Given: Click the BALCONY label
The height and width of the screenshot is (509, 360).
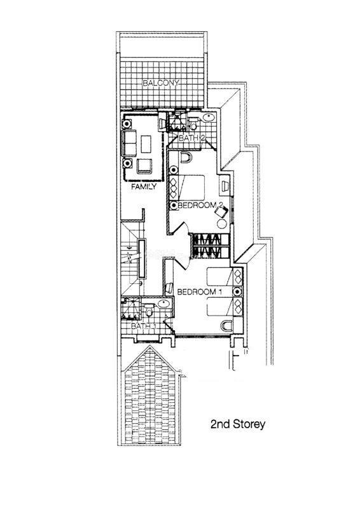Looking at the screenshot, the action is (161, 83).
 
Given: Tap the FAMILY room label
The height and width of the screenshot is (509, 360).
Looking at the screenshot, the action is (144, 186).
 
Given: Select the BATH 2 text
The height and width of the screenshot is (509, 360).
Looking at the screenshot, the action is (192, 138).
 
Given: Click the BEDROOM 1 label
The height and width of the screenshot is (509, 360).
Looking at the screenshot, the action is (199, 292).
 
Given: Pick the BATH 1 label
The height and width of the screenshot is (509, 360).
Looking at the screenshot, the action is (144, 326).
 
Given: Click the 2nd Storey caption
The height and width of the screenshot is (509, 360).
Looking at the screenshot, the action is (238, 424).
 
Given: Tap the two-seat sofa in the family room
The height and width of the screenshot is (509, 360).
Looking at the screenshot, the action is (129, 143).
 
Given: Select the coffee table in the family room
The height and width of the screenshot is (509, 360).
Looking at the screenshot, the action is (146, 144).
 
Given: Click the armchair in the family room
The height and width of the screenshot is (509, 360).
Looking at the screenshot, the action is (144, 167).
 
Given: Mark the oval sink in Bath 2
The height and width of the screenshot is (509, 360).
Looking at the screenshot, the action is (208, 117).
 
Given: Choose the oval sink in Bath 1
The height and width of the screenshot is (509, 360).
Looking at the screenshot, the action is (163, 304).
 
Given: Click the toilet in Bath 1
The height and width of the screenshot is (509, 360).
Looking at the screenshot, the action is (149, 310).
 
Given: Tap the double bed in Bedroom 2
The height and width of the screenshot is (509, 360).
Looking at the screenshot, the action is (186, 188).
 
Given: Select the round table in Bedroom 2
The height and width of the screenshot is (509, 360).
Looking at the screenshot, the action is (222, 224).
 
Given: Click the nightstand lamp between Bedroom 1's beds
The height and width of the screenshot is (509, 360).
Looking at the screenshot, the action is (238, 291).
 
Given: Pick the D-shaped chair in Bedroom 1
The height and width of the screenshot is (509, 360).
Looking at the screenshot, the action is (227, 326).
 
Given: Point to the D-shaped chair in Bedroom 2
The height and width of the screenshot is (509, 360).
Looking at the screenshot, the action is (186, 157).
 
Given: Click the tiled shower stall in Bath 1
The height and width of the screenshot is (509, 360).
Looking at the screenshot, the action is (131, 309).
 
